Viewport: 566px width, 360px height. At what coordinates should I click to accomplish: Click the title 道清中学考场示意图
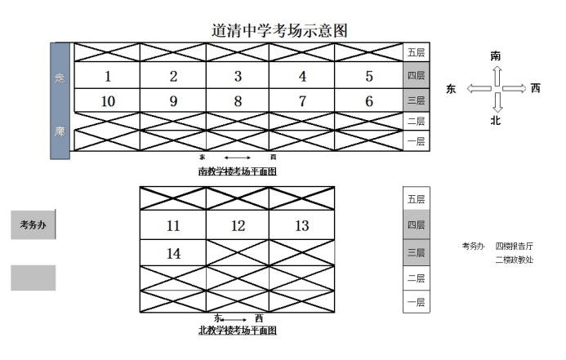[280, 30]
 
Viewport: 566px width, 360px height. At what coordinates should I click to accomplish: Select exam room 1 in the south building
[108, 77]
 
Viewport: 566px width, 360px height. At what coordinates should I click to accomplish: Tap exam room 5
[369, 77]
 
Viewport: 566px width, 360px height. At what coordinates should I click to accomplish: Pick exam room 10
[108, 101]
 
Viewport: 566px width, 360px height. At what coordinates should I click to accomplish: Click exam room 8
[238, 101]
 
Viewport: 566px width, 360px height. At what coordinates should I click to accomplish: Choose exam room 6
[369, 101]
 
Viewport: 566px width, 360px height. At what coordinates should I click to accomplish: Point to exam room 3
[238, 77]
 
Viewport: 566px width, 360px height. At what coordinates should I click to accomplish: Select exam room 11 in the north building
[172, 226]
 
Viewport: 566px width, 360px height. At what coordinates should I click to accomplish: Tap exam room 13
[302, 226]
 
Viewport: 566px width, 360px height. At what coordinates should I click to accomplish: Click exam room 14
[173, 254]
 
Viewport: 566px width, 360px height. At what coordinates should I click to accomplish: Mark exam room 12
[238, 226]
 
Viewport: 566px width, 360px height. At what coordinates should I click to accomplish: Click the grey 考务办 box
[33, 224]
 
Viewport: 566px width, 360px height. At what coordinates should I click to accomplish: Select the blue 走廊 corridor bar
[60, 96]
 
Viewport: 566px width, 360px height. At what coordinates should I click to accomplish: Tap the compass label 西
[535, 88]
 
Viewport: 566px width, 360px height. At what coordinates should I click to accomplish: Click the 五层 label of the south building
[416, 51]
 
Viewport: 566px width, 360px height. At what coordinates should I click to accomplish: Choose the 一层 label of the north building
[416, 302]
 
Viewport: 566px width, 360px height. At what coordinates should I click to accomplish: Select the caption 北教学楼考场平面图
[238, 331]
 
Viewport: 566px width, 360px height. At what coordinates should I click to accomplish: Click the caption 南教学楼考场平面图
[238, 171]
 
